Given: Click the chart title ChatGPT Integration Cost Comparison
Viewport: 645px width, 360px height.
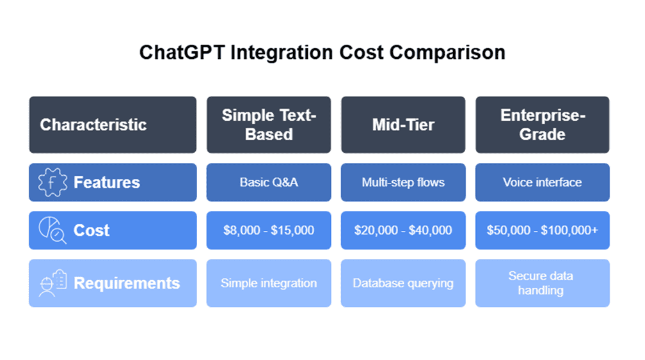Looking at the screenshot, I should (322, 52).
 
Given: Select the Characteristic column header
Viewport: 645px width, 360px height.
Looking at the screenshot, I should (93, 125).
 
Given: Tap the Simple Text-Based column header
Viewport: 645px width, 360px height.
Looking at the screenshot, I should (269, 125).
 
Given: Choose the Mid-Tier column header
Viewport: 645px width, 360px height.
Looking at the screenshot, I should (403, 125).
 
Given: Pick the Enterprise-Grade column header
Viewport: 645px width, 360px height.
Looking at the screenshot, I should (542, 125).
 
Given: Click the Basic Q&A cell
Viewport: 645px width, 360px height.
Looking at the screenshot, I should (269, 182).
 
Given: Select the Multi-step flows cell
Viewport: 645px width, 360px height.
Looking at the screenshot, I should (403, 182).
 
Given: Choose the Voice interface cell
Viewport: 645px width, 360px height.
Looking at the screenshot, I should (542, 182).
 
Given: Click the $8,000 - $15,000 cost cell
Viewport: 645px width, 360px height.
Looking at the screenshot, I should (269, 230).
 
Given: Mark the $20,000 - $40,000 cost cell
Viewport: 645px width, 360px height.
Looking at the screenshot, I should (403, 230).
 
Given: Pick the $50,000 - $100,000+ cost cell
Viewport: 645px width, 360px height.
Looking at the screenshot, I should (542, 230).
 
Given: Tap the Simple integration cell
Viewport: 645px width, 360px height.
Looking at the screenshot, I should (269, 283).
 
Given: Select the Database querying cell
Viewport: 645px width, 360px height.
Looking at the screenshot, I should (403, 283).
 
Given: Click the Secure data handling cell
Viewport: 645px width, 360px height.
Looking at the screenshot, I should (542, 283).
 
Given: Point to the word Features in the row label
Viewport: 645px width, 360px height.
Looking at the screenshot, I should (107, 182).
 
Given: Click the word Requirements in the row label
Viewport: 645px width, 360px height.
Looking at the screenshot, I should (127, 283).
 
